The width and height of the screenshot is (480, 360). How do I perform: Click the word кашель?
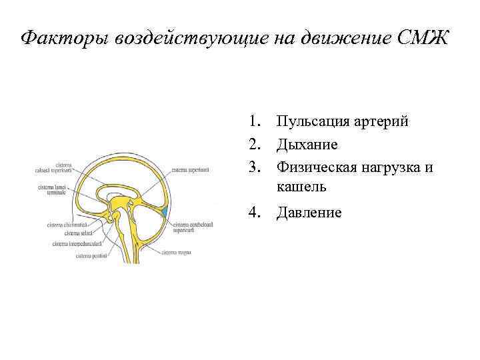(x=303, y=187)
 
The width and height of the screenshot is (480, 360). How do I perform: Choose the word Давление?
(x=309, y=213)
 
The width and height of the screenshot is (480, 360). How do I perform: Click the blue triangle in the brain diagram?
(x=164, y=212)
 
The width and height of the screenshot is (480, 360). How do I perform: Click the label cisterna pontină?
(x=89, y=255)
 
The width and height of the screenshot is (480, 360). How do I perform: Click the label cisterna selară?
(x=79, y=233)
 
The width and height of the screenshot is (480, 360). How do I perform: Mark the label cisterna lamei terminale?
(x=52, y=189)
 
